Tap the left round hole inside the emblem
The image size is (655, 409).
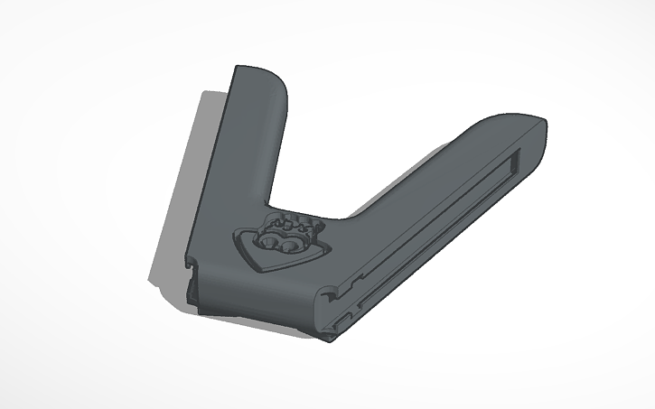pos(268,243)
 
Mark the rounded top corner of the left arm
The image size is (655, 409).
pos(276,82)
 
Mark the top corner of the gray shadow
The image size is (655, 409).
pos(206,92)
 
